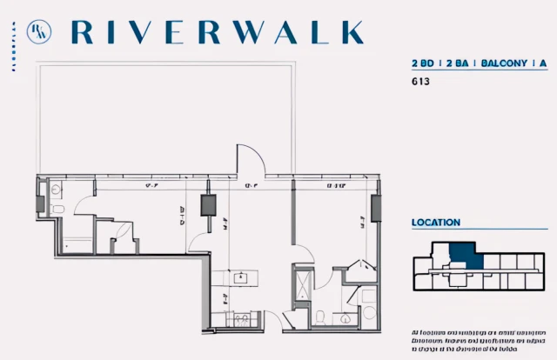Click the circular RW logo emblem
(37, 31)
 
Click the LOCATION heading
(436, 223)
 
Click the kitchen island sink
(240, 278)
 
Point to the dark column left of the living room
(209, 205)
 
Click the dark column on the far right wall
(376, 209)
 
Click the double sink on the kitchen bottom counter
(238, 319)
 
